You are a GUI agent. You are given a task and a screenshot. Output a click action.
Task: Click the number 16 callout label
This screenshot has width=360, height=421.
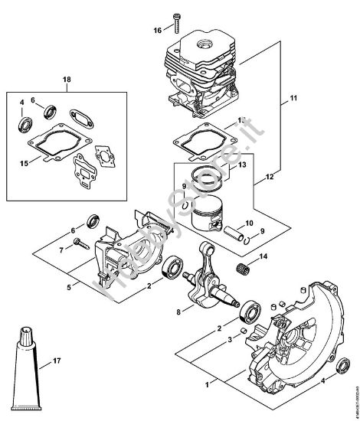(x=158, y=30)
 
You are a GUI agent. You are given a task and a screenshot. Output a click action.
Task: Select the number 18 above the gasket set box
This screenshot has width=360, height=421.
(x=67, y=80)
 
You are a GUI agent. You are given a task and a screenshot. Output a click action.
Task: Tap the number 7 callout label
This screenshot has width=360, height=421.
(x=61, y=250)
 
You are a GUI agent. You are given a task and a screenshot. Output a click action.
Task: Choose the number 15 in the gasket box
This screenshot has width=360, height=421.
(x=23, y=162)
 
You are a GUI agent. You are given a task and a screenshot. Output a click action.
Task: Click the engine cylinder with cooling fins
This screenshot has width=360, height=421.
(x=201, y=73)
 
